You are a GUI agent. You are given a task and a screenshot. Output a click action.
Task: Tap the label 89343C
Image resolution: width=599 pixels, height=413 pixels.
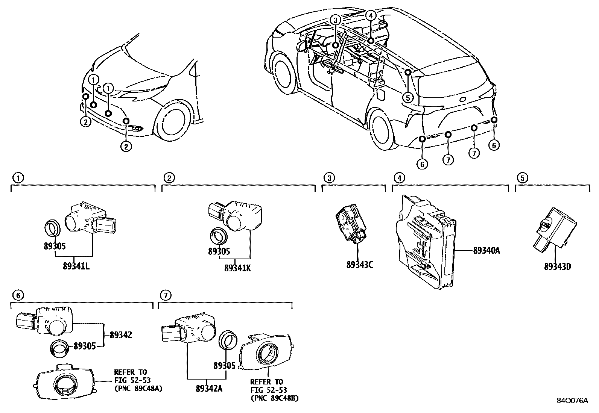click(360, 265)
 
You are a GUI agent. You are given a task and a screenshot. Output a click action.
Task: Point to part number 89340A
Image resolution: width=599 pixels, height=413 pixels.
click(486, 250)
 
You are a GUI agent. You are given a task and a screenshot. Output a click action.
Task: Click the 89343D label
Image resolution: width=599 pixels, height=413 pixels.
click(557, 266)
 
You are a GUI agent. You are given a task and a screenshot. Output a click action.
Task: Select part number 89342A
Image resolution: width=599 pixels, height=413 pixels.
click(209, 389)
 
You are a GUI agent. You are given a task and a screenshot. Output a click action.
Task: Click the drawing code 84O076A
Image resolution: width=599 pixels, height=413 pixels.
click(572, 401)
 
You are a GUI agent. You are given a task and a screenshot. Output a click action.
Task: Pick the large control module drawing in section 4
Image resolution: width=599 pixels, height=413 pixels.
click(425, 241)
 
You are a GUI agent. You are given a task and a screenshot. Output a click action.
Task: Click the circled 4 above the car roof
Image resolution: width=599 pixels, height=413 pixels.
click(371, 15)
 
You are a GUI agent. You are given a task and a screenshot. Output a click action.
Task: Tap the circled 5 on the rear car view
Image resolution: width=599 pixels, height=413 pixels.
click(407, 97)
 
